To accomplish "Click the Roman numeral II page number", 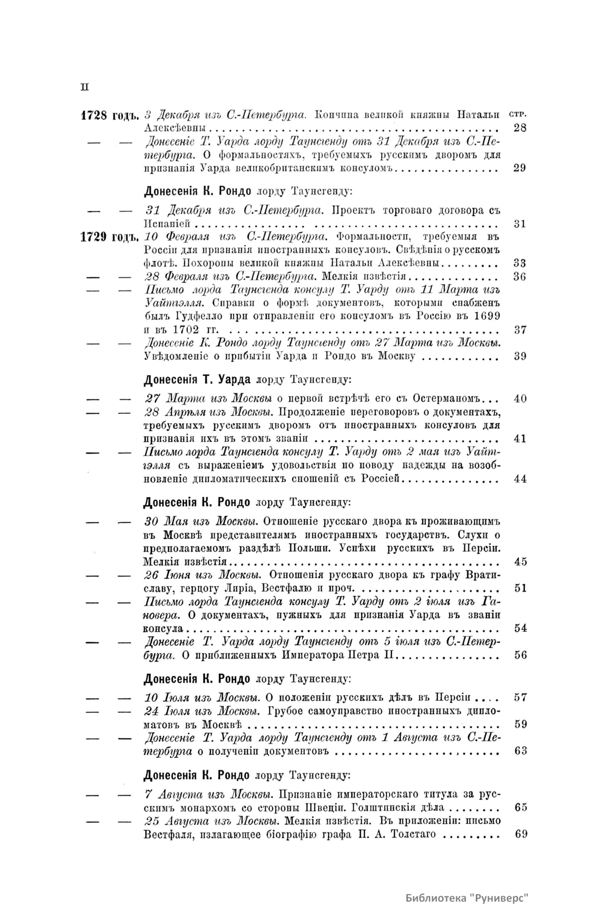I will tap(85, 87).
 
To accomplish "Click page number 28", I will tap(520, 128).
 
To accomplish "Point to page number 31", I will tap(520, 224).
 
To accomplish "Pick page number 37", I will tap(520, 330).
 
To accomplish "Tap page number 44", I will tap(520, 479).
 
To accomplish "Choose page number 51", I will tap(520, 588).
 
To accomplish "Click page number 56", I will tap(520, 655).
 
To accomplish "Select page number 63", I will tap(520, 751).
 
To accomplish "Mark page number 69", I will tap(520, 834).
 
